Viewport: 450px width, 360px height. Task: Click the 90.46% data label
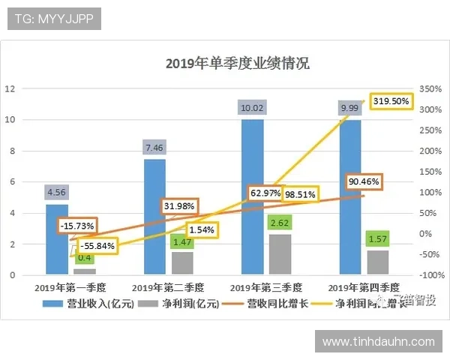coord(364,181)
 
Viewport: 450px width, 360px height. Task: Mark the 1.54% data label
coord(200,229)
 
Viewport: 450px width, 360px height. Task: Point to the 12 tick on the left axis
coord(10,88)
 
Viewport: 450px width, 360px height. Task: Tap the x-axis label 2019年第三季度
coord(265,287)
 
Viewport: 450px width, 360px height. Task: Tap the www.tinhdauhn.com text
coord(378,342)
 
